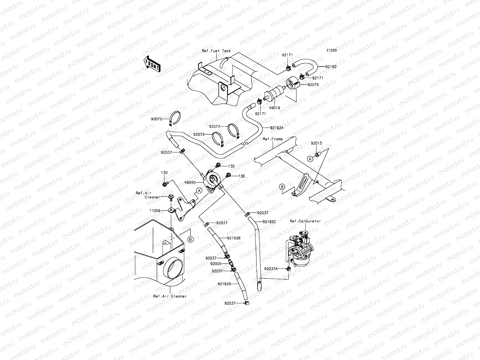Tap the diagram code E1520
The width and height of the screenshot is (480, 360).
point(331,50)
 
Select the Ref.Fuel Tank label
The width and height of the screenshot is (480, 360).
point(216,51)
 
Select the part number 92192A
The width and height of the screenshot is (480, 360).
point(277,127)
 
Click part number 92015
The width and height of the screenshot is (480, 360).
point(316,143)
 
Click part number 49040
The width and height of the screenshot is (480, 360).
point(190,182)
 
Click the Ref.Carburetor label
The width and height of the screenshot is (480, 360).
point(305,221)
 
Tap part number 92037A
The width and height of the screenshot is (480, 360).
point(271,269)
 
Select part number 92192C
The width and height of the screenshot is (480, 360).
point(269,222)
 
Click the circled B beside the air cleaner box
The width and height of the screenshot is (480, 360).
point(190,239)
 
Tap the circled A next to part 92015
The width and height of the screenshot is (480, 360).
point(310,159)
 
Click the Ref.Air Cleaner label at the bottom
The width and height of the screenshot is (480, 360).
point(169,296)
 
